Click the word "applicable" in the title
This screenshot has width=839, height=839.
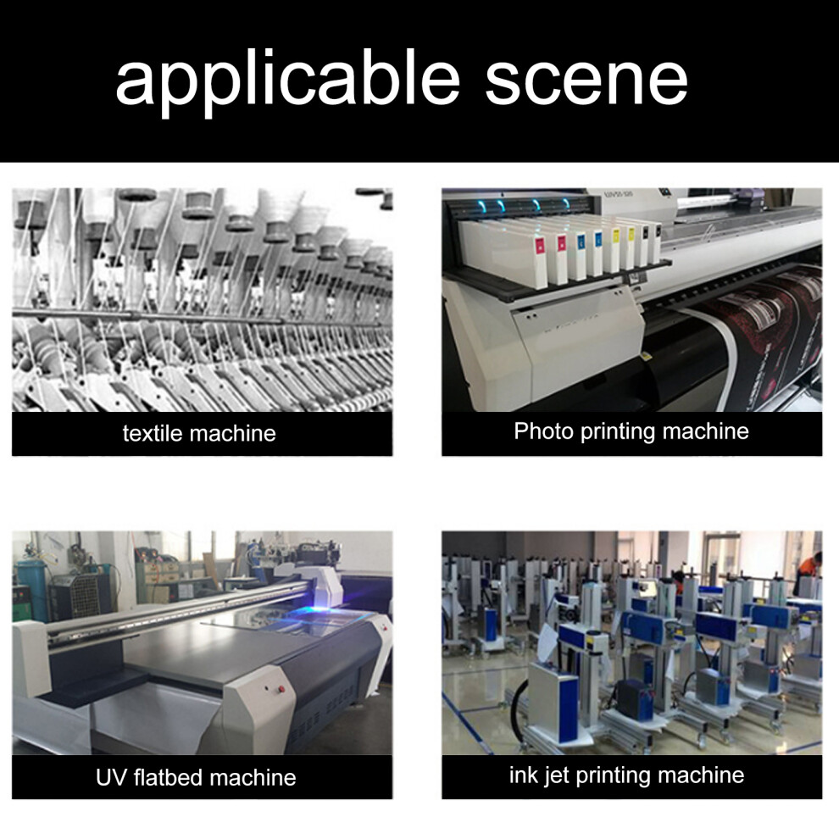tap(288, 81)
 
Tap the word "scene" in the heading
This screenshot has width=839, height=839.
tap(586, 82)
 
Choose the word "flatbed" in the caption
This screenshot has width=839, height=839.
tap(169, 777)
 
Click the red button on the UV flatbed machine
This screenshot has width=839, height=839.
tap(281, 688)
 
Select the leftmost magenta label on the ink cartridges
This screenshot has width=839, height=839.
tap(539, 247)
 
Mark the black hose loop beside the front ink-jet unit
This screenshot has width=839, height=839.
tap(515, 713)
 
